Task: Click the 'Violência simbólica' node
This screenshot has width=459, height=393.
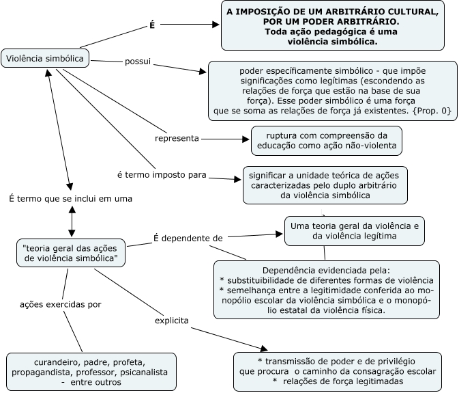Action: click(x=45, y=59)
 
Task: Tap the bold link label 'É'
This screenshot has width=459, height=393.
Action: click(x=152, y=25)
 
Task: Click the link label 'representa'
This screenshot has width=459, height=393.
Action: click(x=177, y=138)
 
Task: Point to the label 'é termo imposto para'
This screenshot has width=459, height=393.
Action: click(x=162, y=175)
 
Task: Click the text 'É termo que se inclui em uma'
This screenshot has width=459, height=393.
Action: click(x=70, y=198)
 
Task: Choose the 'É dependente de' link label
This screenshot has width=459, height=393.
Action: click(x=188, y=238)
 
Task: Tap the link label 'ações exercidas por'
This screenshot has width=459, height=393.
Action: click(x=61, y=304)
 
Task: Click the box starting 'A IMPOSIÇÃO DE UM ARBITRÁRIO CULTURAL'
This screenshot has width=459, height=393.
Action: click(x=333, y=27)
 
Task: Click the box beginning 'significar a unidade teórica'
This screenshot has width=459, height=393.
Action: click(x=325, y=185)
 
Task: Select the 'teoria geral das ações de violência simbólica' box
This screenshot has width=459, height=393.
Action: click(x=70, y=252)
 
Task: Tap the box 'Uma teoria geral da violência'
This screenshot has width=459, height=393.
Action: click(x=355, y=230)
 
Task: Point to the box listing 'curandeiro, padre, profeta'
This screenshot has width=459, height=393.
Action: click(x=90, y=372)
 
